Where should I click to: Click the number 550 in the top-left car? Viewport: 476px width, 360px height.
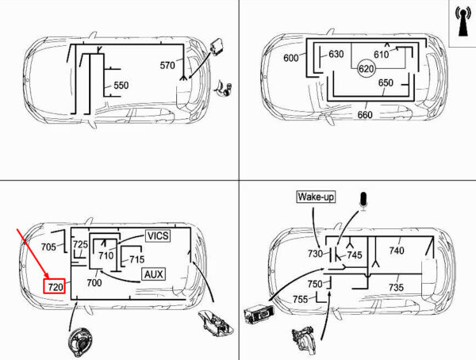pos(121,85)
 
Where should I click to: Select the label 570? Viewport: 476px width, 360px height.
pos(168,65)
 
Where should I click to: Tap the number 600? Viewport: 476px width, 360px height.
pos(290,58)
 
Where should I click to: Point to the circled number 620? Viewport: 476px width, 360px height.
pos(366,70)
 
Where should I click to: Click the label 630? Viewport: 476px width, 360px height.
pos(336,54)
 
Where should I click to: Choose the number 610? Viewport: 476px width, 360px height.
pos(381,54)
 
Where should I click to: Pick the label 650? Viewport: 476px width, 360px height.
pos(386,82)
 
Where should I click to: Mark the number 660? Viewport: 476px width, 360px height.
pos(364,115)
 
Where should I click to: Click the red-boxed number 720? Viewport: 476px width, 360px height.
pos(54,285)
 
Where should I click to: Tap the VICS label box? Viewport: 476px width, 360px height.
pos(158,236)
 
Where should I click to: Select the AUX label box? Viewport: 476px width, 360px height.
pos(153,274)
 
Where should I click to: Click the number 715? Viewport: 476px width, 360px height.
pos(136,259)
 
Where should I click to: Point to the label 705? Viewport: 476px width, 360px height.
pos(48,247)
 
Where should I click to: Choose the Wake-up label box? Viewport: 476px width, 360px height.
pos(317,196)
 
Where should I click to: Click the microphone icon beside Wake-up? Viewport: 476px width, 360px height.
pos(363,200)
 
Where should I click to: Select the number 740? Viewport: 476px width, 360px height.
pos(396,251)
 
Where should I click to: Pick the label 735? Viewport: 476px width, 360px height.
pos(396,286)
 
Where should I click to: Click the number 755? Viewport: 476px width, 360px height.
pos(300,299)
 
